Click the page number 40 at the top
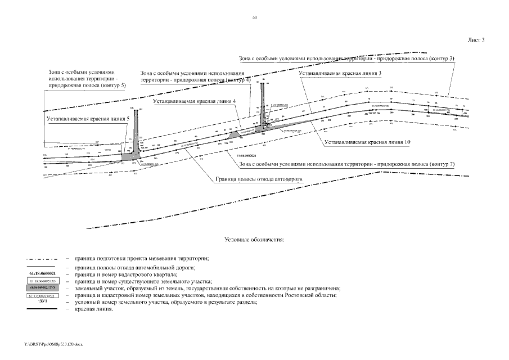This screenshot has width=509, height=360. click(255, 18)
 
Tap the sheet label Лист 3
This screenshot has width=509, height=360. click(475, 40)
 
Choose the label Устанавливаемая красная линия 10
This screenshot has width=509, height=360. click(367, 143)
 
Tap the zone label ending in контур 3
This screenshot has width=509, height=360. click(346, 58)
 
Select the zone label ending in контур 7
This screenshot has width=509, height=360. click(346, 164)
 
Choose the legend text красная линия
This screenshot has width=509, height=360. click(93, 309)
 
